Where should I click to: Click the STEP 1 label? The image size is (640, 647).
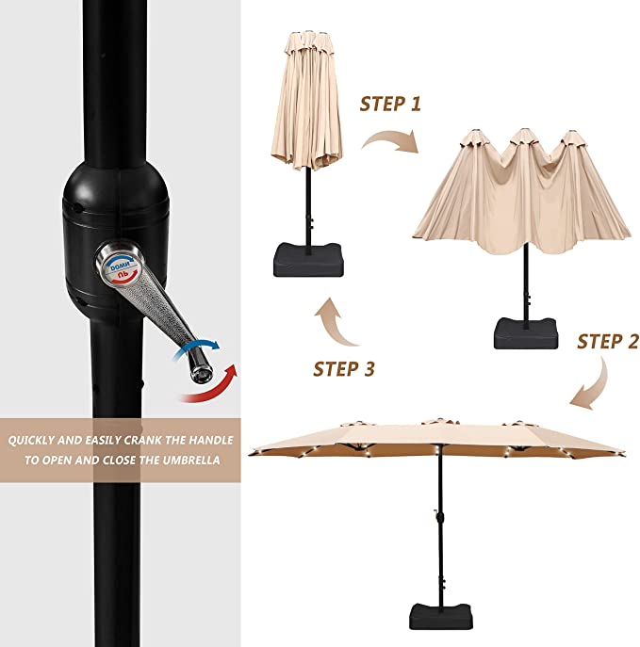(x=390, y=104)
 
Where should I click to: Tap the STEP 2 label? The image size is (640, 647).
(x=608, y=342)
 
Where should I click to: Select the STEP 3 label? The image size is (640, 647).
(x=344, y=369)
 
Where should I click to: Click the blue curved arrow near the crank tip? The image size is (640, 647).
(x=197, y=348)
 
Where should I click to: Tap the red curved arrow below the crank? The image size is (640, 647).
(x=210, y=386)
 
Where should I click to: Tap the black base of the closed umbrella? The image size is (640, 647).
(x=308, y=260)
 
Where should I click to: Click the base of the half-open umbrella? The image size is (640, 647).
(x=526, y=332)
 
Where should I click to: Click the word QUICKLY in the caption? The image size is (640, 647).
(x=31, y=440)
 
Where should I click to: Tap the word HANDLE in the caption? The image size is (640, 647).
(x=211, y=440)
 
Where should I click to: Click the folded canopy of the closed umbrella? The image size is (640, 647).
(x=306, y=100)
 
